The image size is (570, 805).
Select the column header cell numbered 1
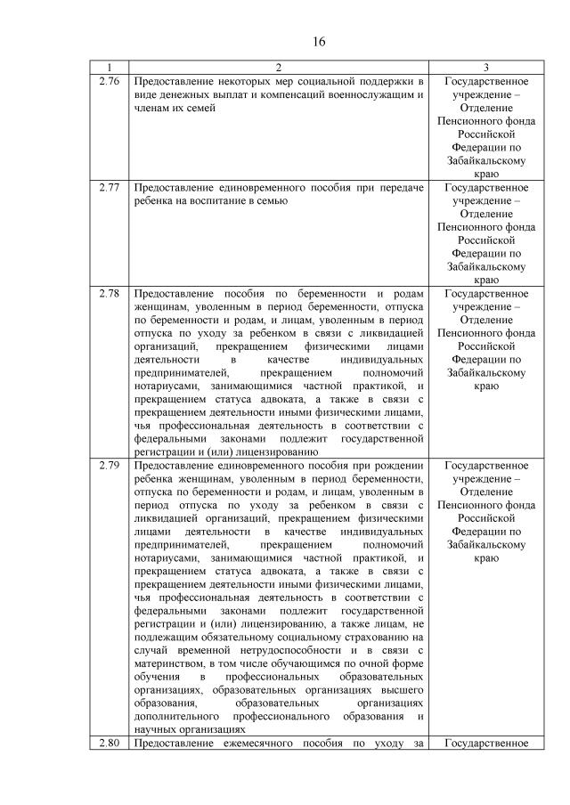[x=110, y=69]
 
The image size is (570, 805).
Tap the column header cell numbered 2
[x=278, y=69]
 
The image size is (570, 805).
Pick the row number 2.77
[x=110, y=188]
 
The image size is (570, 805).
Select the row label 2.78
[x=110, y=295]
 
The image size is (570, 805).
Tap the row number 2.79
[x=110, y=466]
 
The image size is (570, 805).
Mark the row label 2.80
[x=110, y=743]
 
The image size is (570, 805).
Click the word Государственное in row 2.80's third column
[x=485, y=743]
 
